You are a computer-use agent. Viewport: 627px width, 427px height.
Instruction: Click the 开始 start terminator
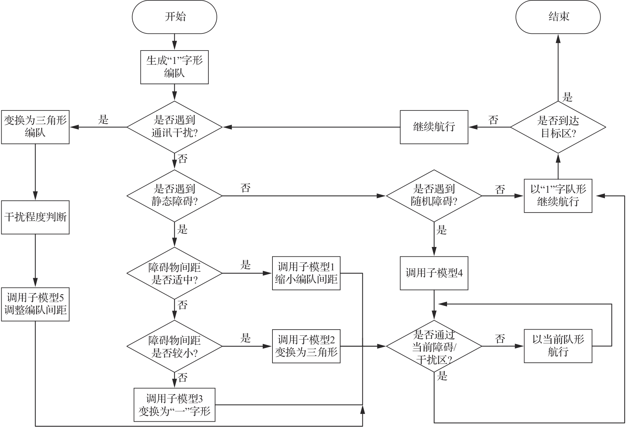pyautogui.click(x=174, y=17)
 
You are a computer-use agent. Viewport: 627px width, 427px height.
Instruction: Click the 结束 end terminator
pyautogui.click(x=558, y=17)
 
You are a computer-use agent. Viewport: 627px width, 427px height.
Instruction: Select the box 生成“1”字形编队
pyautogui.click(x=174, y=67)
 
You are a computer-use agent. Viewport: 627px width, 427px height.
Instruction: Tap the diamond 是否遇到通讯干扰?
pyautogui.click(x=174, y=127)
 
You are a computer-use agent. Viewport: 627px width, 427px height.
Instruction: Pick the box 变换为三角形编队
pyautogui.click(x=35, y=127)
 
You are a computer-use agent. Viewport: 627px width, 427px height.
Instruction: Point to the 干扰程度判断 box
pyautogui.click(x=35, y=217)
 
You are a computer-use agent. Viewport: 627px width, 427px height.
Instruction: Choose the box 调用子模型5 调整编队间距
pyautogui.click(x=35, y=304)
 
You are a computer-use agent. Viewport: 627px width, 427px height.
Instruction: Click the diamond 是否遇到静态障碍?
pyautogui.click(x=174, y=196)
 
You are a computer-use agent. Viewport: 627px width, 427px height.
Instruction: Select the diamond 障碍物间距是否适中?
pyautogui.click(x=174, y=273)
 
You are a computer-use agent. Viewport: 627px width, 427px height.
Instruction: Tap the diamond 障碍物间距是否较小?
pyautogui.click(x=174, y=346)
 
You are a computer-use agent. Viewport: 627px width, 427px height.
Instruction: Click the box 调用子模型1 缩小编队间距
pyautogui.click(x=306, y=273)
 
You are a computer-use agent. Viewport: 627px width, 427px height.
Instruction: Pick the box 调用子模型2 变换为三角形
pyautogui.click(x=306, y=346)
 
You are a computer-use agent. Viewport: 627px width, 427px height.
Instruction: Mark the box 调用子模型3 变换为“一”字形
pyautogui.click(x=174, y=405)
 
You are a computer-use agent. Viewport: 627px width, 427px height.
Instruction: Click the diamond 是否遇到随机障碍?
pyautogui.click(x=434, y=196)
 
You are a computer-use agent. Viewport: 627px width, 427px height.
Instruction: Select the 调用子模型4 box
pyautogui.click(x=434, y=273)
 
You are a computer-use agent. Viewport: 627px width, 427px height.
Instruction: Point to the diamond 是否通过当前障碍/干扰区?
pyautogui.click(x=434, y=346)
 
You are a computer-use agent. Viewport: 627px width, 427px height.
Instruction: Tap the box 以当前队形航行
pyautogui.click(x=558, y=346)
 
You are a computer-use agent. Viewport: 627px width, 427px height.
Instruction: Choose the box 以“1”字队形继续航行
pyautogui.click(x=558, y=196)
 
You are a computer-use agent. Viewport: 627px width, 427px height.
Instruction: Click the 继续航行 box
pyautogui.click(x=434, y=127)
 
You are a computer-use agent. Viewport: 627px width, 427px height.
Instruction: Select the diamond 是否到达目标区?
pyautogui.click(x=558, y=127)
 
